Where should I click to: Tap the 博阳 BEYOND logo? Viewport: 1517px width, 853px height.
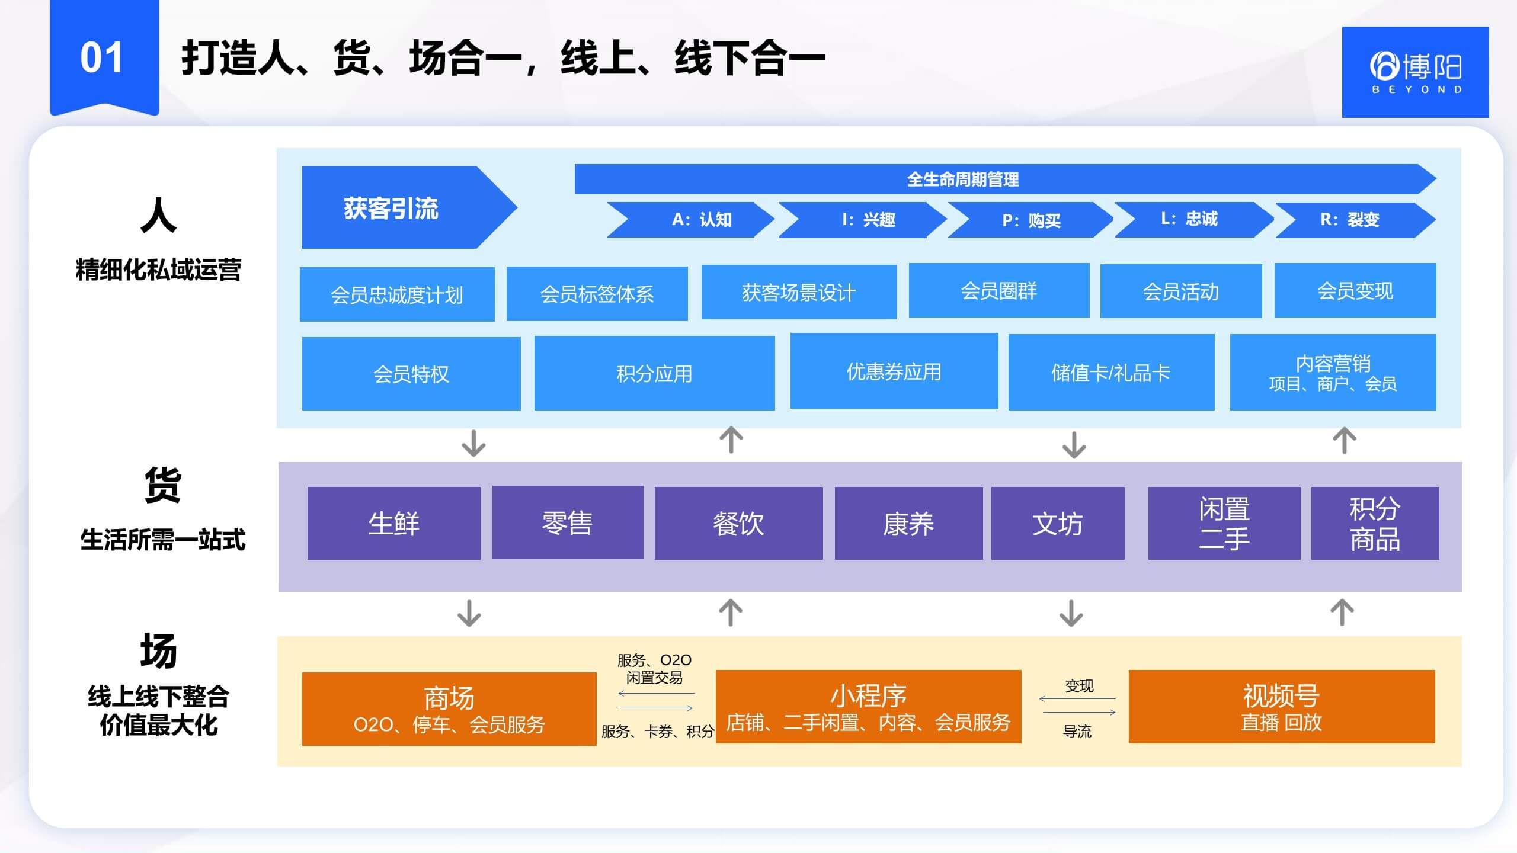pos(1415,72)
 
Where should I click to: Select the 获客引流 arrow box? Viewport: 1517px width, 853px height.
pos(397,207)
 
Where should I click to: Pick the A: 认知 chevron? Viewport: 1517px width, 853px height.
pos(693,220)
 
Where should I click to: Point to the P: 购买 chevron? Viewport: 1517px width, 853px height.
pos(1031,220)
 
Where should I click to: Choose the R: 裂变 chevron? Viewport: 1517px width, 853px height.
pos(1351,220)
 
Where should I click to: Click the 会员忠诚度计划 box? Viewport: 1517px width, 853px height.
pos(397,294)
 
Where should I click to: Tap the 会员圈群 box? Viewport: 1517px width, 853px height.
pos(998,290)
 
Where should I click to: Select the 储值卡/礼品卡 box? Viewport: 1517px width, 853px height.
pos(1111,373)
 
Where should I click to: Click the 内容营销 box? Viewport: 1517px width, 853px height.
pos(1333,373)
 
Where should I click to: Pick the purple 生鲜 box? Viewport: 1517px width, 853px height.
pos(393,523)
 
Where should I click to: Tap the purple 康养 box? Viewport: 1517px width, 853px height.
pos(908,524)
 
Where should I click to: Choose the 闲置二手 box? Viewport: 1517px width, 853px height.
pos(1224,523)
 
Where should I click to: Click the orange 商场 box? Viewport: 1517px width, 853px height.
pos(449,708)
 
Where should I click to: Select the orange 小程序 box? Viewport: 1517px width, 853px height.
pos(868,707)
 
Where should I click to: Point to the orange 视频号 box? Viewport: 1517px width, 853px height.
pos(1281,707)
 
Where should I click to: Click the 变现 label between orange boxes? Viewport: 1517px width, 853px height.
pos(1079,686)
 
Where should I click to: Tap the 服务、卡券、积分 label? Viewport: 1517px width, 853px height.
pos(657,732)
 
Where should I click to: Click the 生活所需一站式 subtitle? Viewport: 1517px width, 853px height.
pos(162,540)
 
